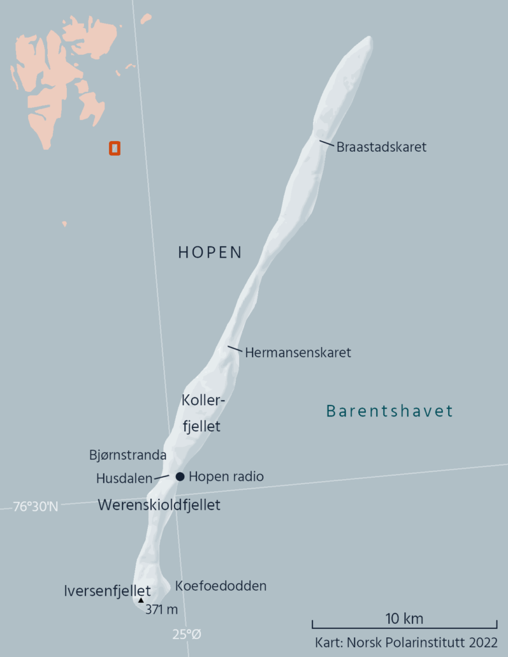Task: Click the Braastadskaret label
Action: point(381,147)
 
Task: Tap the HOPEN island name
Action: point(210,253)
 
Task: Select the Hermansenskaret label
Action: point(298,352)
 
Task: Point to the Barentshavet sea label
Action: point(389,411)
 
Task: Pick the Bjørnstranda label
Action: point(127,455)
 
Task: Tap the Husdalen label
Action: point(124,478)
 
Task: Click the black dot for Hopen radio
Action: point(180,476)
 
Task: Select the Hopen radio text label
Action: point(226,476)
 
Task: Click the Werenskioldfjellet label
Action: point(159,505)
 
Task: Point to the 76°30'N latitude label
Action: point(36,507)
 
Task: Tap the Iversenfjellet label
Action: point(107,591)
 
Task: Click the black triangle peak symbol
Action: point(141,600)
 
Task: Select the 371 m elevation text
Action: point(161,609)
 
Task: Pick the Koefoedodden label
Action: point(221,586)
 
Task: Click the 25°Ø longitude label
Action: point(186,634)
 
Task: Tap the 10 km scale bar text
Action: point(404,619)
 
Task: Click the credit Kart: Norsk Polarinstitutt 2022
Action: point(406,642)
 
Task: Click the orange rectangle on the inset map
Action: point(115,148)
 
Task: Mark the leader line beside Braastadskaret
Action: point(326,143)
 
